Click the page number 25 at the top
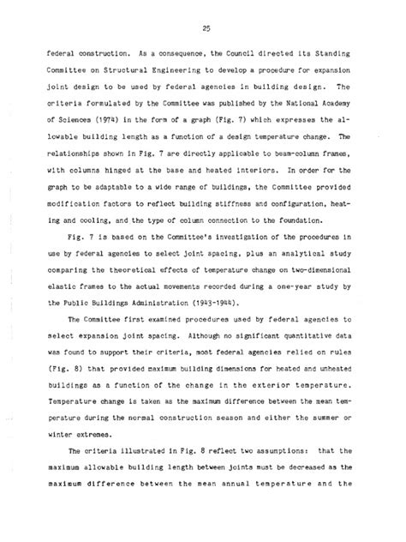click(204, 21)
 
